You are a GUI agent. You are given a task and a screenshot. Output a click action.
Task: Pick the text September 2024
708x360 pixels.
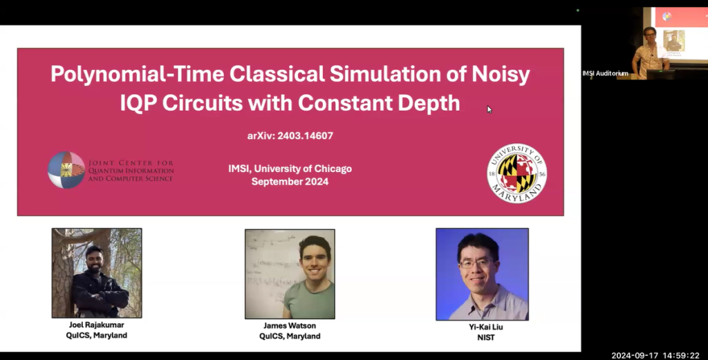290,182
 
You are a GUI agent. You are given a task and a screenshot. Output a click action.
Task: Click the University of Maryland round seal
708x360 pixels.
516,173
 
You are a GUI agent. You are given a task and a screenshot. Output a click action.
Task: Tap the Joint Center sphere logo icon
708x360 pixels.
66,170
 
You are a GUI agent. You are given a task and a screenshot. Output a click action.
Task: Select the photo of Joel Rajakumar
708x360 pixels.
97,273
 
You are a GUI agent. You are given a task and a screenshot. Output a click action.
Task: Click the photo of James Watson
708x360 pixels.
290,274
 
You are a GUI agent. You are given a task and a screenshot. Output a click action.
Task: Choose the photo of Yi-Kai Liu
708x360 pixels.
482,274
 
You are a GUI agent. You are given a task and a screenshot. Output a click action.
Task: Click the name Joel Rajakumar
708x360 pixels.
96,325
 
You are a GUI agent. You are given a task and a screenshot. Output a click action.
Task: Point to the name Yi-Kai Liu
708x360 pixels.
483,329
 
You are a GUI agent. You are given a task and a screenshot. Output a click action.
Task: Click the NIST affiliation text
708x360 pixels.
483,339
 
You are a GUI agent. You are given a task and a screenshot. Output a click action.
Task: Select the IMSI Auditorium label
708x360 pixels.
606,73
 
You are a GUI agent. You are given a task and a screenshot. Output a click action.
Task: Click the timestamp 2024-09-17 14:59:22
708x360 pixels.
655,355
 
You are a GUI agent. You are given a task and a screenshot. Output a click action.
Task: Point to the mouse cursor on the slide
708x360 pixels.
489,108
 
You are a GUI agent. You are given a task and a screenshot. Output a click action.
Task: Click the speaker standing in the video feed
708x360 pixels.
650,51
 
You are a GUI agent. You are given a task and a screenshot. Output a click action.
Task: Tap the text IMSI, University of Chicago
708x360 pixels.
290,169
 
